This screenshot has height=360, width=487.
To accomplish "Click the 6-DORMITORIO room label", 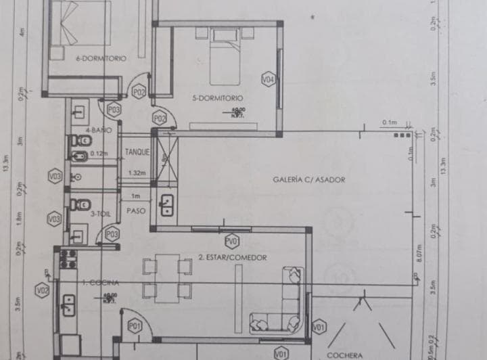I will point(101,59).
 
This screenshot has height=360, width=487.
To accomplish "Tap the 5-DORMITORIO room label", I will point(216,97).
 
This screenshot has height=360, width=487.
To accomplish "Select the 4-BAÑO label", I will point(97,129).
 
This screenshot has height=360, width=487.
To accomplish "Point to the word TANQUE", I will point(137,152).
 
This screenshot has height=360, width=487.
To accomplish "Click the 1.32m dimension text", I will point(137,173).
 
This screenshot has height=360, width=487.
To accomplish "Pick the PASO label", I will point(137,210).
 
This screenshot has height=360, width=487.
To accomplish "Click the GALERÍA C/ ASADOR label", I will point(309,180).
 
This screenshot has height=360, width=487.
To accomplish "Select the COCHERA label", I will point(344,354).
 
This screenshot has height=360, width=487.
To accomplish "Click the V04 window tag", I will point(268,79).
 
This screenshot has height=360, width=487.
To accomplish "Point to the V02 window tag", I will point(43,291).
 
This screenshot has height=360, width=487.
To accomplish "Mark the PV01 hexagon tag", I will point(232,242).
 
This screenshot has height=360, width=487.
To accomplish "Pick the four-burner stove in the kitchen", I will point(68,259).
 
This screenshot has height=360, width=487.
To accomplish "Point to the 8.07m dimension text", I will point(419,253).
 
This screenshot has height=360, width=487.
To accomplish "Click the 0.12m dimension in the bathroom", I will point(99,154).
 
